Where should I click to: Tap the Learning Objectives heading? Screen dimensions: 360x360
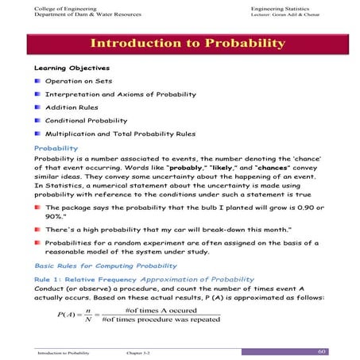click(72, 68)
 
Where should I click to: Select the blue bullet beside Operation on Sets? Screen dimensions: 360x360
click(37, 81)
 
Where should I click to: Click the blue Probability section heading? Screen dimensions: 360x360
click(56, 148)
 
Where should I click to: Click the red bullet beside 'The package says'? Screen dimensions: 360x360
click(37, 207)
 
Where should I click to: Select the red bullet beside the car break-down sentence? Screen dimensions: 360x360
click(37, 229)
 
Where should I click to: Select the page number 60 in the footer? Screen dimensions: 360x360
click(322, 350)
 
